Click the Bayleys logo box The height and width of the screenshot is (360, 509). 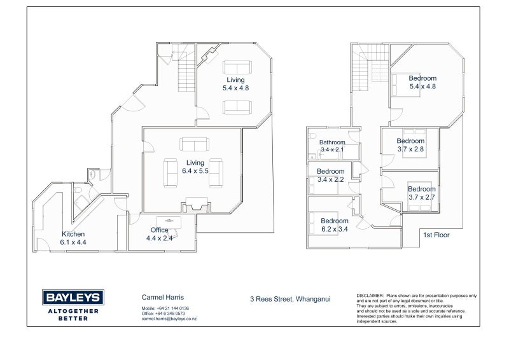(x=73, y=297)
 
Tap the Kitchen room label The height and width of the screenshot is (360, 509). (x=73, y=234)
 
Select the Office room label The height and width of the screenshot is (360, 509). (x=160, y=230)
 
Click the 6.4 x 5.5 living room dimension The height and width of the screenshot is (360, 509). (x=195, y=171)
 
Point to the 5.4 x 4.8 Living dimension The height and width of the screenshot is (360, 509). (x=235, y=88)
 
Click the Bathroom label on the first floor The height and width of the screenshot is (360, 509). (x=332, y=142)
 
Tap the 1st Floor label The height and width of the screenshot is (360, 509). (x=436, y=235)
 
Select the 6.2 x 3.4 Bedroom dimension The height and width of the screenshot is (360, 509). (x=335, y=229)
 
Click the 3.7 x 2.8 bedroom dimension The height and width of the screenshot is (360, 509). (x=410, y=149)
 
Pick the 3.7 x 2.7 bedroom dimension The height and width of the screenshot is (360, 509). (x=422, y=197)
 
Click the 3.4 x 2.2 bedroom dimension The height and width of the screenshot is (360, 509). (x=330, y=179)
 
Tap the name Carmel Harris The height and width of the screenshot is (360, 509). (x=163, y=297)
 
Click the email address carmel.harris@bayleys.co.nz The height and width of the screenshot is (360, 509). (x=169, y=319)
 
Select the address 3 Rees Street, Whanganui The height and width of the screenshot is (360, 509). (x=290, y=299)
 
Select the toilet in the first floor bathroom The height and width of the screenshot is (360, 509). (x=312, y=135)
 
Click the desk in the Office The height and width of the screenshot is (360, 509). (x=169, y=223)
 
